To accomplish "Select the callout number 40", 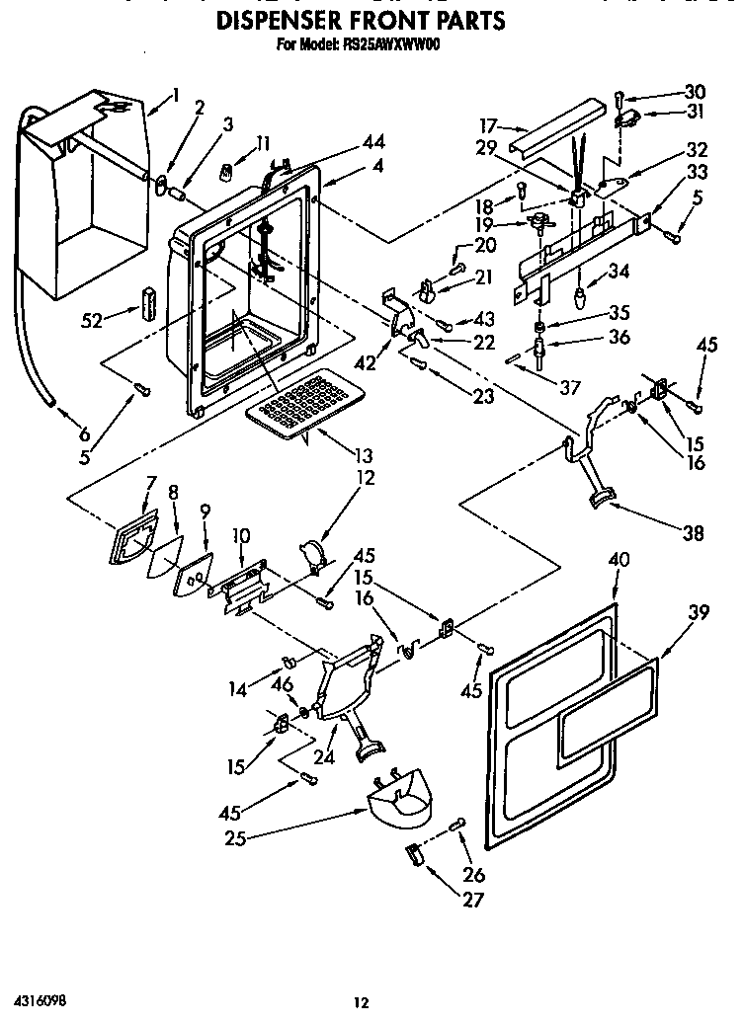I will (x=619, y=558).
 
